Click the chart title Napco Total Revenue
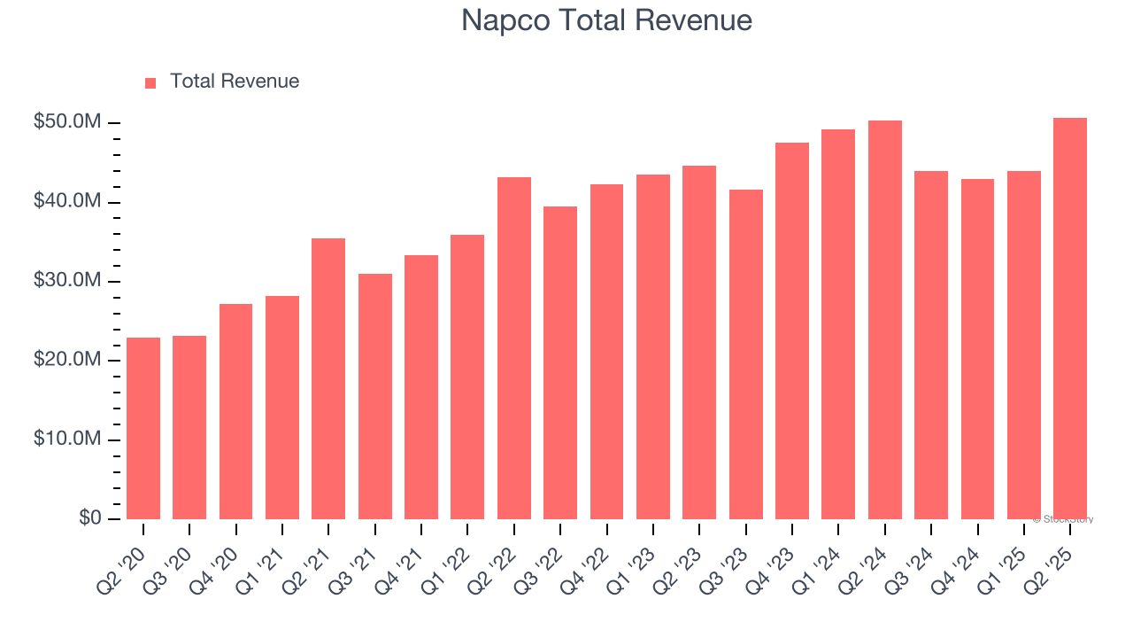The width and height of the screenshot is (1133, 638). (x=606, y=20)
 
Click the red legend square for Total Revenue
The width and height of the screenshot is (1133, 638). (x=150, y=82)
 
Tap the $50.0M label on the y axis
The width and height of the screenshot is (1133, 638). (x=67, y=122)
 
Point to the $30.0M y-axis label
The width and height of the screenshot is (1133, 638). (x=67, y=281)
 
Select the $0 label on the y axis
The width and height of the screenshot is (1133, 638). (x=89, y=517)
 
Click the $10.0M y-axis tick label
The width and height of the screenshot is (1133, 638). (x=67, y=440)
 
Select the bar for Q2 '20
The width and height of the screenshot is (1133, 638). (x=143, y=429)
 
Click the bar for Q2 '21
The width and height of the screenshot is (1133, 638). (x=328, y=379)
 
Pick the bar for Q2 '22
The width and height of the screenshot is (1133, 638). (x=514, y=348)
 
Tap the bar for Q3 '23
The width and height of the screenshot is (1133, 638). (x=746, y=354)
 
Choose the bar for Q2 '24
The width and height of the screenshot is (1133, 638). (x=885, y=320)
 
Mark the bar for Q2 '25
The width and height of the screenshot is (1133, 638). (x=1070, y=319)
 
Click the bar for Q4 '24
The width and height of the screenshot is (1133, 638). (x=977, y=349)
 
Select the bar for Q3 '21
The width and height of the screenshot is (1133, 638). (x=375, y=397)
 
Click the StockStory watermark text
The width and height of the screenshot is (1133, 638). (x=1063, y=519)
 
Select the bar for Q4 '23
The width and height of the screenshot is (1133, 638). (x=792, y=331)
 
